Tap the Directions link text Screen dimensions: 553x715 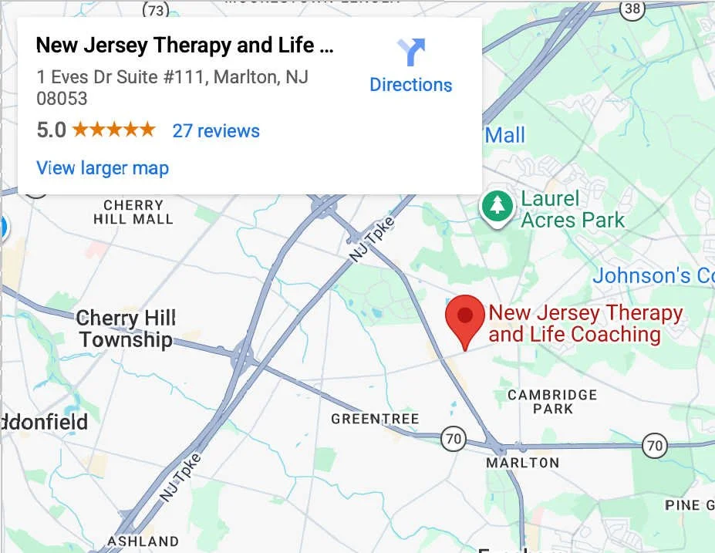point(410,84)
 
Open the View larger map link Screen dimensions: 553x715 point(103,168)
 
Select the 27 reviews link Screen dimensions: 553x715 point(216,130)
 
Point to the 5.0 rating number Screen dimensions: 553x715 point(51,130)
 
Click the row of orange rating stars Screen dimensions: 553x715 point(113,130)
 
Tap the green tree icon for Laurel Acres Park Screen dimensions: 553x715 point(497,207)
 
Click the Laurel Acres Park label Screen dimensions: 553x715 point(572,209)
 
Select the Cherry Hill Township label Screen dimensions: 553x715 point(126,329)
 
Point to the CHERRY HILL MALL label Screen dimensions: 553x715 point(133,212)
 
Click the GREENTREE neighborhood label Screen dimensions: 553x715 point(375,420)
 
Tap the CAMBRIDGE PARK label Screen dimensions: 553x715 point(552,402)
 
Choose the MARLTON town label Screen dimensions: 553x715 point(523,463)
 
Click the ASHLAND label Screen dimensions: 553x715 point(143,541)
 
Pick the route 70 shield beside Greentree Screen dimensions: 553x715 point(454,440)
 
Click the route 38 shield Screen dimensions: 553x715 point(632,9)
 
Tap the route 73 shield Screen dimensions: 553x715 point(157,9)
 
